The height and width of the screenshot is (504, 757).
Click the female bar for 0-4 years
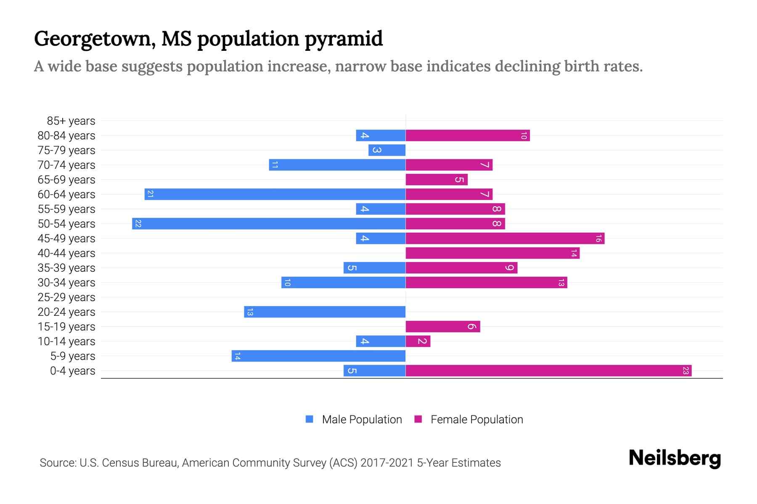(x=548, y=370)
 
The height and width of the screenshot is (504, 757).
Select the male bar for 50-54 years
(x=269, y=223)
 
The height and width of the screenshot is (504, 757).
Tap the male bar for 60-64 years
(x=275, y=194)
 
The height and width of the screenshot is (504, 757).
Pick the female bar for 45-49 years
(x=505, y=238)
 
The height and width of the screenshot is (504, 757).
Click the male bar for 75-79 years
(x=387, y=150)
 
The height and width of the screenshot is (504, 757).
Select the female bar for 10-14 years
(x=418, y=341)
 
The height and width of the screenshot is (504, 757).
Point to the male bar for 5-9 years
(x=319, y=356)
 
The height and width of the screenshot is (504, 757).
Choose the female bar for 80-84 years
(x=468, y=135)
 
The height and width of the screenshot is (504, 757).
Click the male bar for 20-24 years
(x=325, y=312)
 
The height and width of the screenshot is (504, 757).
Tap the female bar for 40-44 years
(x=492, y=253)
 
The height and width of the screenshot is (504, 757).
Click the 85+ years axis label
(x=71, y=121)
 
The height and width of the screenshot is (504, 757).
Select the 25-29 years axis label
(x=66, y=297)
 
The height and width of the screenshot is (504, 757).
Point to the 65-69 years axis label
(x=66, y=180)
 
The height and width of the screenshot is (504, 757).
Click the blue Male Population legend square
(x=310, y=419)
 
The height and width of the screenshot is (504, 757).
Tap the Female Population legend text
(x=476, y=419)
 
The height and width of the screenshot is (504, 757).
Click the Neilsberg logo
(x=675, y=458)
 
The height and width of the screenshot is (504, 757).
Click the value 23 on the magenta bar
(x=686, y=370)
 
